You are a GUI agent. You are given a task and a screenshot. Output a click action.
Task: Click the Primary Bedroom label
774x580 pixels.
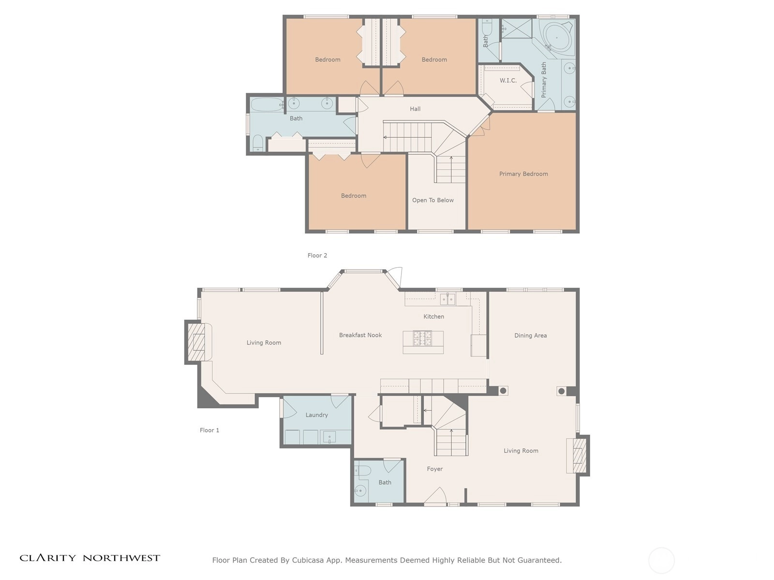pyautogui.click(x=523, y=174)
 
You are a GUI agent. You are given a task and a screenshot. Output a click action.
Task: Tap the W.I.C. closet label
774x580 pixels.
pyautogui.click(x=508, y=81)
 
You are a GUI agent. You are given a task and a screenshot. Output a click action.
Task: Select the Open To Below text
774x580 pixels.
pyautogui.click(x=432, y=201)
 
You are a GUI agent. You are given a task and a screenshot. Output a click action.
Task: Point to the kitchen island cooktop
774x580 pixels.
pyautogui.click(x=422, y=338)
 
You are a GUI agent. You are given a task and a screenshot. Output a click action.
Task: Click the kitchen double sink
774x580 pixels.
pyautogui.click(x=447, y=299)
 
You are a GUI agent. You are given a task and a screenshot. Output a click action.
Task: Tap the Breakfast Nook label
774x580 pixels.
pyautogui.click(x=360, y=335)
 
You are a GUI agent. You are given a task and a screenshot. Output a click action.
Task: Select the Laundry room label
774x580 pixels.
pyautogui.click(x=317, y=415)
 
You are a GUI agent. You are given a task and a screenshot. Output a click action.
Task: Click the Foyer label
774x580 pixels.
pyautogui.click(x=434, y=469)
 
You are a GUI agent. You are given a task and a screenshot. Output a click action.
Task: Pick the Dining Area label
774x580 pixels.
pyautogui.click(x=530, y=335)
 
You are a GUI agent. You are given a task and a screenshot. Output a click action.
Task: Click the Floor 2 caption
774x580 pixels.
pyautogui.click(x=317, y=256)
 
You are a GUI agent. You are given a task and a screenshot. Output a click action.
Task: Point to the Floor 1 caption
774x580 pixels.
pyautogui.click(x=209, y=430)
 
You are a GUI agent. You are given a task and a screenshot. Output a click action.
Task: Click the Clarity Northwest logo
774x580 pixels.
pyautogui.click(x=89, y=558)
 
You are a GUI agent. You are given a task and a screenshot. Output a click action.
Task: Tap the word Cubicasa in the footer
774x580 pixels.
pyautogui.click(x=308, y=560)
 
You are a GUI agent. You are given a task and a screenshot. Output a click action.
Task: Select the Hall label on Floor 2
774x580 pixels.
pyautogui.click(x=415, y=109)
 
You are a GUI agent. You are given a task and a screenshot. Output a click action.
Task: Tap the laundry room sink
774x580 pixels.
pyautogui.click(x=329, y=437)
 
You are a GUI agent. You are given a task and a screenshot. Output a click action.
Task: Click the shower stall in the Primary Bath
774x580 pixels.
pyautogui.click(x=517, y=28)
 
